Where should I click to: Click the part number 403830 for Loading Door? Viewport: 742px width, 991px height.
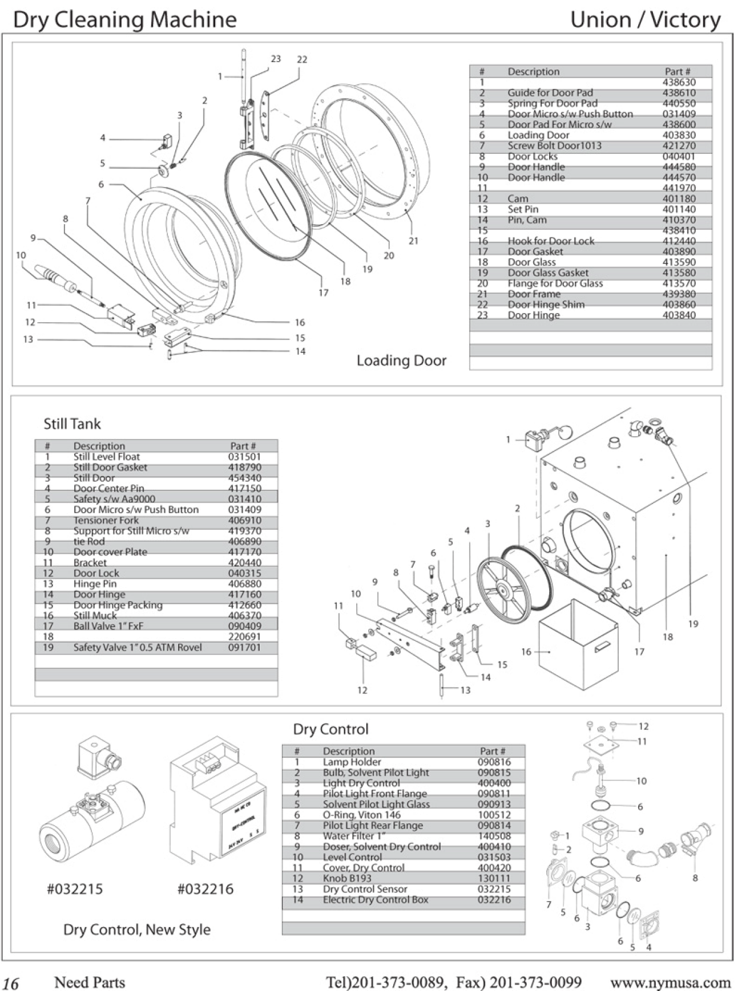click(x=679, y=135)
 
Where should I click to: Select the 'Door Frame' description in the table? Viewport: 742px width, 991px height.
click(x=534, y=294)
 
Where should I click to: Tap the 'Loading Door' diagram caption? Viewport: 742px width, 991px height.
click(x=401, y=360)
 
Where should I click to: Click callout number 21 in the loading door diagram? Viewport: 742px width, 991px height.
click(x=413, y=241)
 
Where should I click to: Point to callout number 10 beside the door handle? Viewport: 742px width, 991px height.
click(x=21, y=255)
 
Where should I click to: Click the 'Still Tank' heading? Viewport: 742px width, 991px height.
click(x=72, y=424)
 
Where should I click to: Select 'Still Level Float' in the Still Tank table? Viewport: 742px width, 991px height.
click(x=106, y=457)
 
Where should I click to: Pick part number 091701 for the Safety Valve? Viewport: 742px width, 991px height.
click(x=244, y=648)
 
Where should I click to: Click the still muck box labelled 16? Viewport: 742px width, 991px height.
click(x=578, y=639)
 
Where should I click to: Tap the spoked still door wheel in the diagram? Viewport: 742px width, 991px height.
click(x=502, y=586)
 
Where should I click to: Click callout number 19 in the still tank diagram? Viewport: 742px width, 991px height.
click(x=693, y=624)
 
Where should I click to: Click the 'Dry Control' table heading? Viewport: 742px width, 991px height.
click(x=330, y=729)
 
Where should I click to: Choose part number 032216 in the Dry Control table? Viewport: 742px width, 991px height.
click(x=494, y=900)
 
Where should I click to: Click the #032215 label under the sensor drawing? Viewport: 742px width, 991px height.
click(x=75, y=889)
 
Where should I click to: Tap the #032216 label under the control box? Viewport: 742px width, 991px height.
click(x=205, y=889)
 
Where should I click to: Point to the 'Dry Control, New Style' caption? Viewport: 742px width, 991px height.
click(x=137, y=929)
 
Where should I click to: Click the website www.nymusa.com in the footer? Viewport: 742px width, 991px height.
click(x=670, y=982)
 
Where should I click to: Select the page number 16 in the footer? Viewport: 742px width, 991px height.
click(x=11, y=984)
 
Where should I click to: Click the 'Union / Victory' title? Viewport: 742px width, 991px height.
click(x=645, y=20)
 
